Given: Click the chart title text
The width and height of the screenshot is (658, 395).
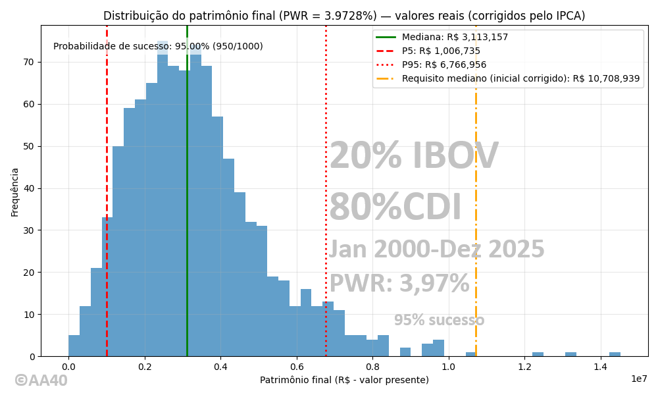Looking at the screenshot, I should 344,16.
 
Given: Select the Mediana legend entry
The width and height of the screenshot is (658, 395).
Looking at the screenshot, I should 455,38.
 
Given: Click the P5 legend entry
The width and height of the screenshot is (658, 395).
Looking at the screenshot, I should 441,51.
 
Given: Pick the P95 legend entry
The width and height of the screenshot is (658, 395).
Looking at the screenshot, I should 444,65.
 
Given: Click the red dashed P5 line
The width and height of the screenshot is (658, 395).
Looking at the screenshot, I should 107,165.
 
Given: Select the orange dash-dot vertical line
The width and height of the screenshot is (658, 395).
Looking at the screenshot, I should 476,197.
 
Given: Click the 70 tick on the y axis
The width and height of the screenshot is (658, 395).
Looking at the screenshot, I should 29,62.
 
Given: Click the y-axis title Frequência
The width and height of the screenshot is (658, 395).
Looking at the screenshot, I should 15,192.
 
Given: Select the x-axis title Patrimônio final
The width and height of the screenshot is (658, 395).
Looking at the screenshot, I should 344,380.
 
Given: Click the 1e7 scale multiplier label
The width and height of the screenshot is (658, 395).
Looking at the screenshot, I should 639,379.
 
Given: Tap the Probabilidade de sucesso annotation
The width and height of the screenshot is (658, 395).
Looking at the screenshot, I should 158,47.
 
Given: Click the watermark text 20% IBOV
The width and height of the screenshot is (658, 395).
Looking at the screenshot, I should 413,157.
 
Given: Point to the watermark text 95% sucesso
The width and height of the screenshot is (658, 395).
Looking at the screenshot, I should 439,321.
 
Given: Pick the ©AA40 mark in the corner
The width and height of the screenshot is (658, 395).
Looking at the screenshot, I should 41,381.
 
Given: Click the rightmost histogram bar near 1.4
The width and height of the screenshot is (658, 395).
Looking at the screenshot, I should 615,354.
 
